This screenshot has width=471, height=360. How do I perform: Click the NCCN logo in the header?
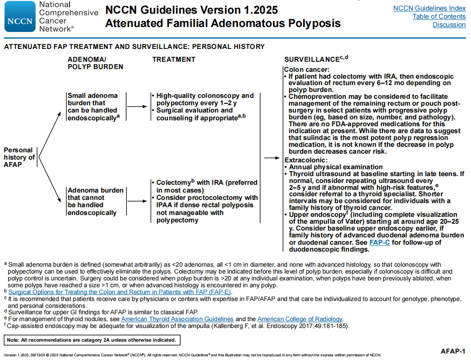tap(20, 16)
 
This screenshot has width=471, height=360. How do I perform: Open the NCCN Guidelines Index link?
tap(429, 8)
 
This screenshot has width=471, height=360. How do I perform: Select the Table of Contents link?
tap(439, 16)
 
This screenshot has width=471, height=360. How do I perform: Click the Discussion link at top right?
tap(449, 25)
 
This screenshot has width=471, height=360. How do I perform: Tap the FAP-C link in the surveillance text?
tap(380, 242)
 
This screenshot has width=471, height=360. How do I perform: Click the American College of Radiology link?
tap(300, 319)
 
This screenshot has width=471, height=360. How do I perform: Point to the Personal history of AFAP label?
tap(19, 157)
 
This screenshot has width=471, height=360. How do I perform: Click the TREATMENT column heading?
tap(174, 59)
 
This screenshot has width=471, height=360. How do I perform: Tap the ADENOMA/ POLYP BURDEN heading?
tap(95, 63)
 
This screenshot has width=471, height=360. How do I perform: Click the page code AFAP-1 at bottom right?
tap(453, 351)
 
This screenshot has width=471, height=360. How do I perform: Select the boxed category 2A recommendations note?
tap(91, 340)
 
